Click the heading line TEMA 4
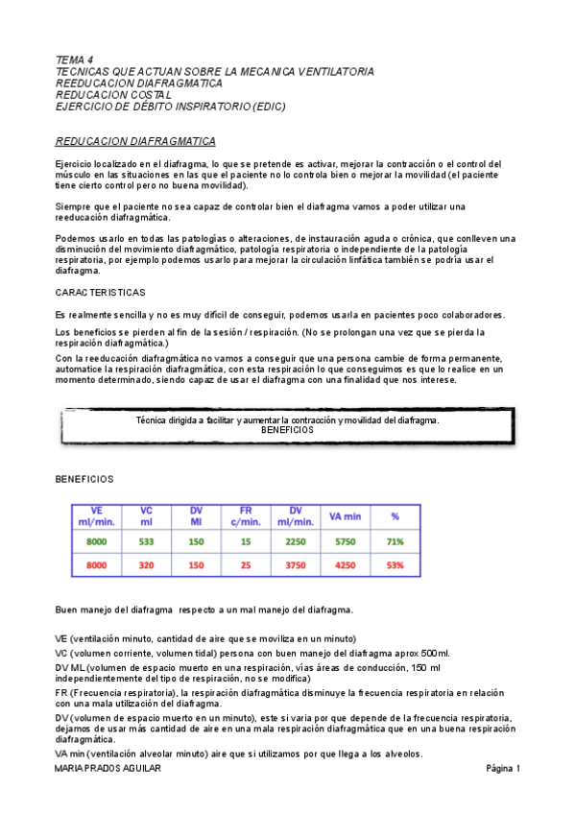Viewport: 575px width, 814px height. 74,60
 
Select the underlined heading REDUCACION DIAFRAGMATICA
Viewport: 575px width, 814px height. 134,141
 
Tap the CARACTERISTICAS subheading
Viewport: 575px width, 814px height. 100,292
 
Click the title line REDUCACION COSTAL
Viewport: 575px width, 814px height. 113,95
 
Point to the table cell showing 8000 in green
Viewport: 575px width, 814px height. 97,541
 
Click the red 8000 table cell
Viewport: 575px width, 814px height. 97,565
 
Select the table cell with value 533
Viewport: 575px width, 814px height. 146,541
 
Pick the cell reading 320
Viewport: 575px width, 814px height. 146,565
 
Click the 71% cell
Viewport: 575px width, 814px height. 395,541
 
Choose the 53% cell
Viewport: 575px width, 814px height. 395,565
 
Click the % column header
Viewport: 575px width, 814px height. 395,516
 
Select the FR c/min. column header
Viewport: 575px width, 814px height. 246,516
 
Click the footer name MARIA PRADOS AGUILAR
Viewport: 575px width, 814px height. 108,769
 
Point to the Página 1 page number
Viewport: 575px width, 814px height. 503,769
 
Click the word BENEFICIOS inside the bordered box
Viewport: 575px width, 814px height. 287,431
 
